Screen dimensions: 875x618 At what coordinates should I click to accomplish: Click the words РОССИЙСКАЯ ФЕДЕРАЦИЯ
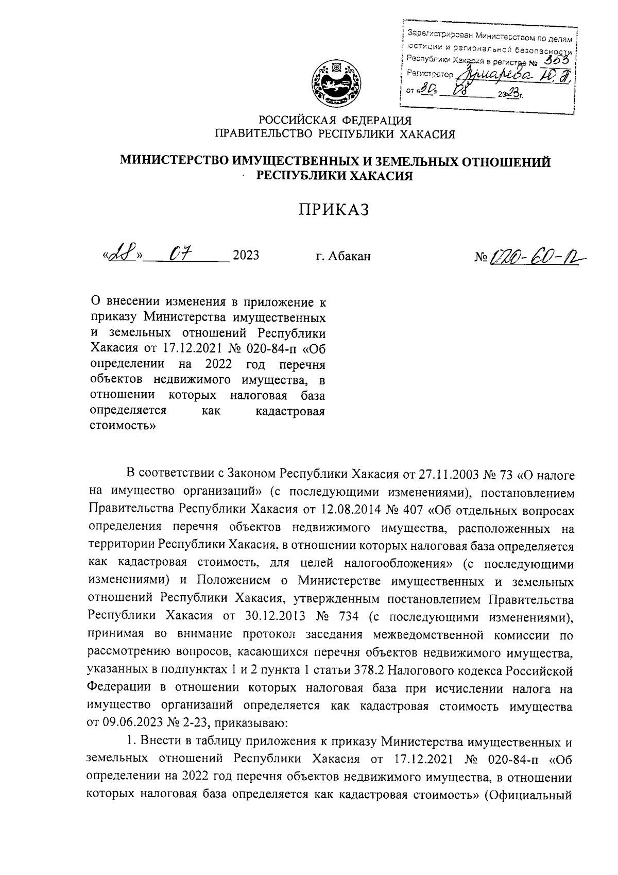[x=335, y=121]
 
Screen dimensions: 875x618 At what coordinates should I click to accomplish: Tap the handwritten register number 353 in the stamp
[x=558, y=62]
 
